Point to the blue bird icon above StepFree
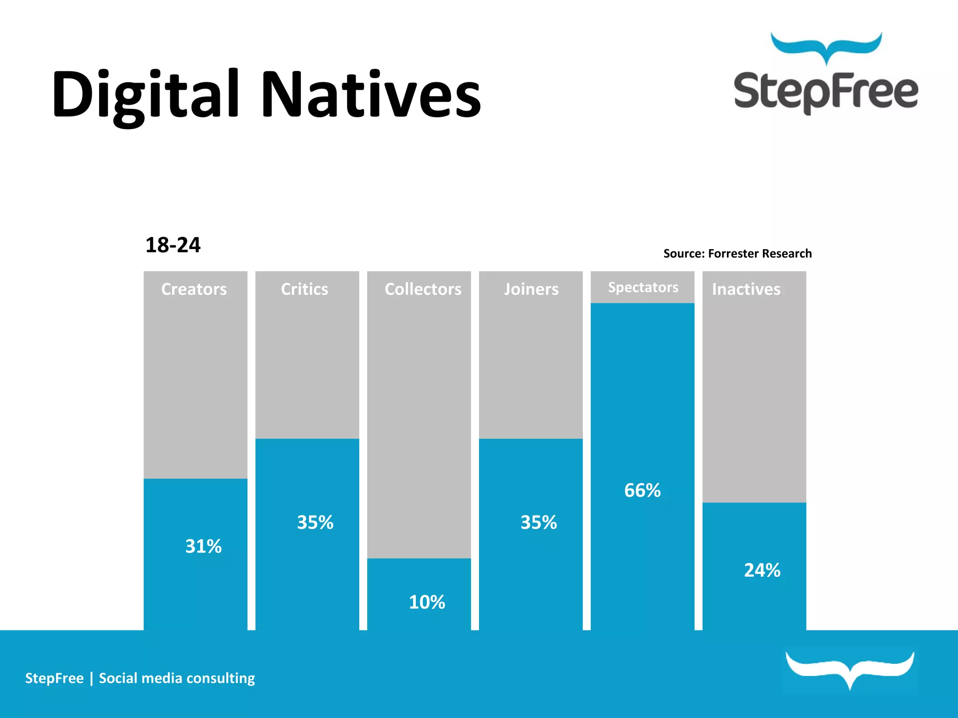[826, 47]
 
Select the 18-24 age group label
[173, 245]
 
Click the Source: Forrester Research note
[737, 253]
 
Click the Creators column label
[194, 289]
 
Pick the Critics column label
[305, 289]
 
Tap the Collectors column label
[423, 289]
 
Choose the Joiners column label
[531, 289]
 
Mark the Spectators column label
[643, 287]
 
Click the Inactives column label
[746, 289]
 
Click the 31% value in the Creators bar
[203, 546]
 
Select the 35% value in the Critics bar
[315, 522]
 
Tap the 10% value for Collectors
[427, 602]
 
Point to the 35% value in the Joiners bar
[539, 522]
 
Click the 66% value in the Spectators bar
[642, 490]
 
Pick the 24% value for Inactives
[762, 570]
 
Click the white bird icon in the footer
[849, 668]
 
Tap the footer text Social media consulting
[177, 678]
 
